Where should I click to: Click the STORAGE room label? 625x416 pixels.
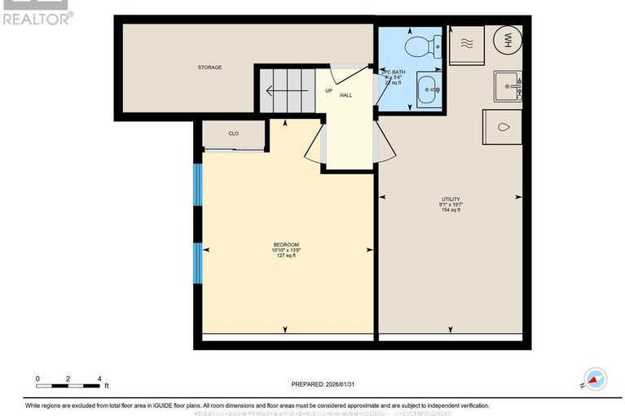click(x=209, y=68)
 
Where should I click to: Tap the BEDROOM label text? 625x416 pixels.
click(x=285, y=245)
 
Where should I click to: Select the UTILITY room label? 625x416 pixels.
click(x=451, y=199)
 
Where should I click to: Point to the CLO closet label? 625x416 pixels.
click(x=233, y=134)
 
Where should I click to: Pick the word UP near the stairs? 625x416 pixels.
click(x=329, y=90)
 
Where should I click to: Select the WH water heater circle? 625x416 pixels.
click(x=506, y=41)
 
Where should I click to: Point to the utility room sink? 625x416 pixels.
click(x=508, y=85)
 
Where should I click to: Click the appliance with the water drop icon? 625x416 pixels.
click(x=503, y=128)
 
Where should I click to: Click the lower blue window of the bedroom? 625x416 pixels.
click(x=197, y=263)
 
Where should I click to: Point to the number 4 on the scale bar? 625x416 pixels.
click(x=99, y=379)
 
